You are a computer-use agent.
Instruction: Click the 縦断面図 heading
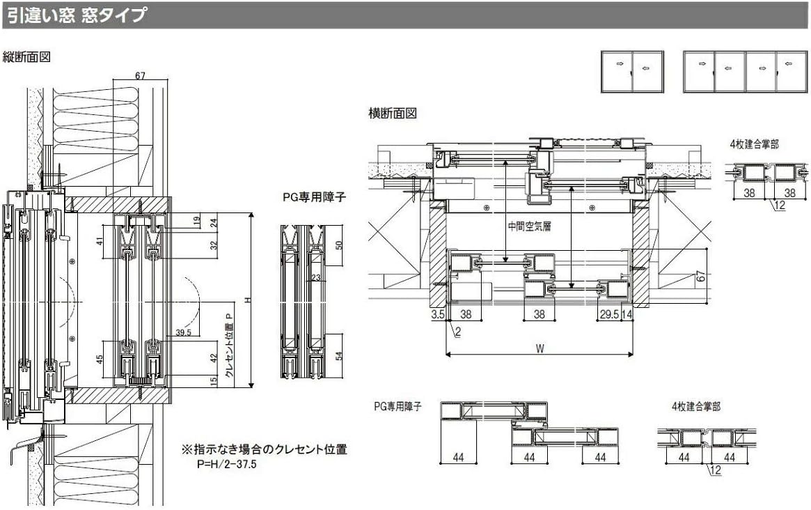tap(27, 56)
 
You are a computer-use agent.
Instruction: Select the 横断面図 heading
tap(392, 113)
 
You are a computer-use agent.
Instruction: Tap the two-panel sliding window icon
tap(632, 71)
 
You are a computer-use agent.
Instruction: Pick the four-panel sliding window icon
tap(746, 71)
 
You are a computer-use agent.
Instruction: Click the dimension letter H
tap(248, 300)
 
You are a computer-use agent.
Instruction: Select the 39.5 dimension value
tap(184, 332)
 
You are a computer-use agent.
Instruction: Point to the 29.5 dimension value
tap(608, 315)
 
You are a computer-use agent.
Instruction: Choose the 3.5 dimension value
tap(437, 315)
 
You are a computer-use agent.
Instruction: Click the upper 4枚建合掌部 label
tap(754, 144)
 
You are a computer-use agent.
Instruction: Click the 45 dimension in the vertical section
tap(100, 360)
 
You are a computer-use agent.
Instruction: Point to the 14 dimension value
tap(627, 315)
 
